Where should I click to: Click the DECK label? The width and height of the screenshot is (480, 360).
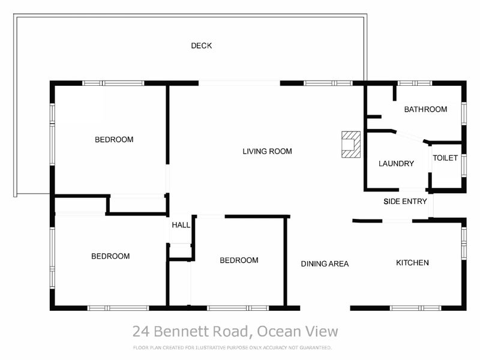[201, 46]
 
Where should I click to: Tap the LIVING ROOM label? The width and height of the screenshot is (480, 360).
[267, 151]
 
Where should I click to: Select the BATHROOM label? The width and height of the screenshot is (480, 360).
[425, 109]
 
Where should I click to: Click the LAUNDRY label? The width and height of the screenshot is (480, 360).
[396, 163]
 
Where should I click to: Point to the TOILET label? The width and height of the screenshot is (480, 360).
[445, 158]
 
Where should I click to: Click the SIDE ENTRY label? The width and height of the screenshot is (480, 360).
[405, 201]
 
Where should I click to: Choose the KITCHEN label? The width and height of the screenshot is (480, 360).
[412, 263]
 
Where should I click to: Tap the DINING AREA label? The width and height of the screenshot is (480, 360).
[325, 263]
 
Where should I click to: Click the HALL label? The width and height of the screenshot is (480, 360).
[181, 225]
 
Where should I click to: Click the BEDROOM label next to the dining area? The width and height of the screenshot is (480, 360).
[239, 260]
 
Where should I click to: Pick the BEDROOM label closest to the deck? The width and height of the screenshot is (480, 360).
[114, 140]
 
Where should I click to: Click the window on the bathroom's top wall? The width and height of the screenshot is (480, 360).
[415, 83]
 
